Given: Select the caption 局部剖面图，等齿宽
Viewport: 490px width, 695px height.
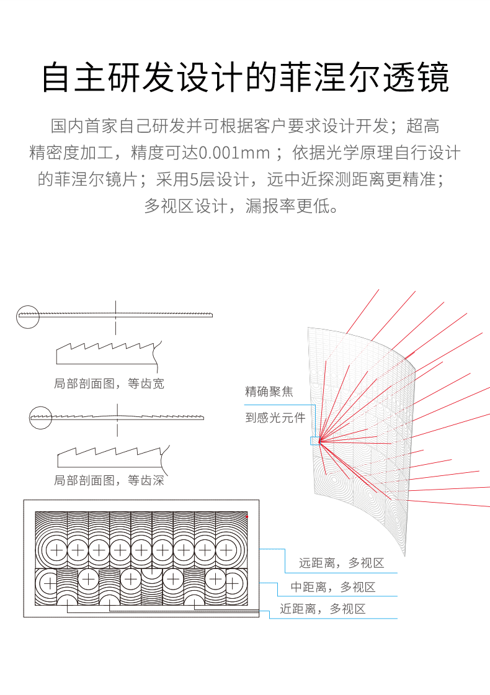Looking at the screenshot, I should click(x=109, y=383).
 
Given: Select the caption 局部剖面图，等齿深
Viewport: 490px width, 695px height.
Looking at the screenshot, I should click(x=109, y=480).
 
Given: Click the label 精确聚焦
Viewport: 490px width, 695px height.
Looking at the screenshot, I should click(x=269, y=392).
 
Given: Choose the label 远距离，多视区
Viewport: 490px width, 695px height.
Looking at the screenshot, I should click(x=341, y=563).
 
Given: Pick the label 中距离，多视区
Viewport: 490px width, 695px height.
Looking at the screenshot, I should click(x=333, y=587).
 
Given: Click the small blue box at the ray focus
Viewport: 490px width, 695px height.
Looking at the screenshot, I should click(x=315, y=441).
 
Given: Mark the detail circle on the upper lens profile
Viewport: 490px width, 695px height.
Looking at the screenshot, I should click(x=27, y=316).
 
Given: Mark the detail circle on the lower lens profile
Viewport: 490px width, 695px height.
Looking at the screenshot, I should click(x=40, y=416).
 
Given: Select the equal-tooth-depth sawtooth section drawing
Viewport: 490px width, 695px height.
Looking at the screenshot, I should click(x=109, y=456).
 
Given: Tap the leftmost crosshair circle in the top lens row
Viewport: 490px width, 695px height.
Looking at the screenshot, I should click(x=56, y=550).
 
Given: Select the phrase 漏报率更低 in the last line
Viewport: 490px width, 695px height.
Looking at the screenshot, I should click(x=292, y=205).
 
